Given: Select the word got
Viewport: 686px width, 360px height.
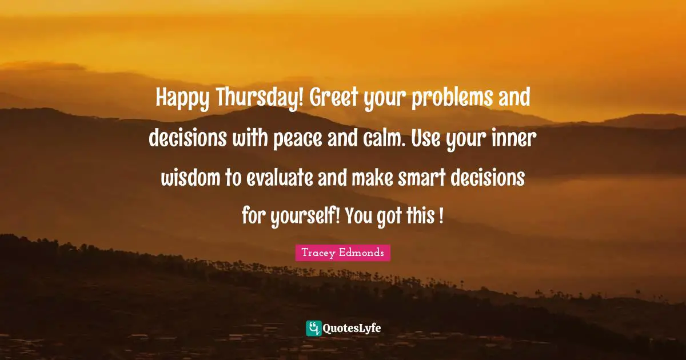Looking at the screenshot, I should [x=390, y=217].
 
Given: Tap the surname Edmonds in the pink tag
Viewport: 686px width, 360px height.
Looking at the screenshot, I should [x=363, y=253].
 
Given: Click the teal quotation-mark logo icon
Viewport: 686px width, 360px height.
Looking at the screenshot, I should [x=313, y=328].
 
